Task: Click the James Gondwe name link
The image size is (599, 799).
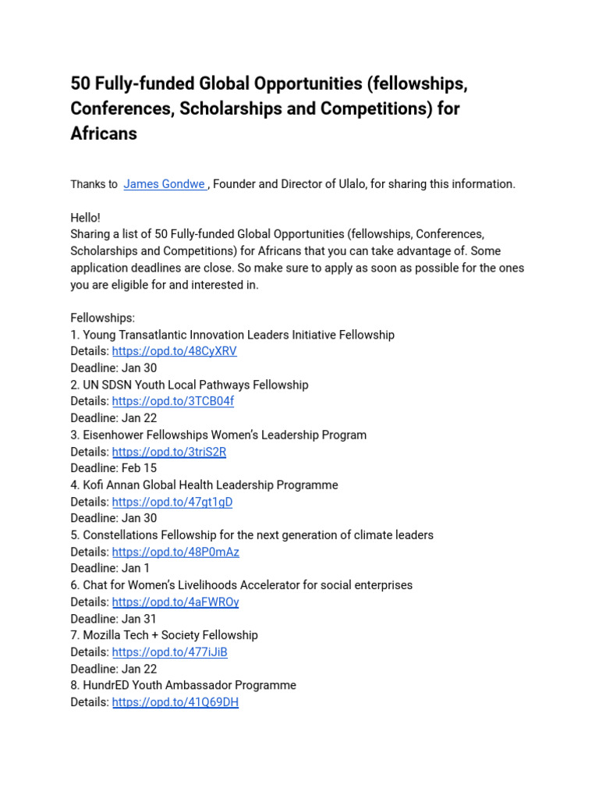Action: (x=163, y=184)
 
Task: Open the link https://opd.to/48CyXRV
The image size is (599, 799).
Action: (x=174, y=351)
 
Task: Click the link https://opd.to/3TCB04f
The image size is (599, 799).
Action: (x=172, y=401)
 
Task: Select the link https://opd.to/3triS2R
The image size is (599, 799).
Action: (x=169, y=452)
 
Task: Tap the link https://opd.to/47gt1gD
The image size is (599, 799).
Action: (x=172, y=502)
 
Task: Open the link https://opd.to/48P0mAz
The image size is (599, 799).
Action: (x=175, y=552)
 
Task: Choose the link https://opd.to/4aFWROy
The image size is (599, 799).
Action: (x=175, y=602)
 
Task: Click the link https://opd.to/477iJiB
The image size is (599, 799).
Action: (x=170, y=652)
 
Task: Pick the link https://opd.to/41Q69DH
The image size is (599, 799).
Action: (x=175, y=702)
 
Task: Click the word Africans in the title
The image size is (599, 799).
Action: (x=104, y=133)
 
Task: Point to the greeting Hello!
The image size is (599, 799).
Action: (x=86, y=218)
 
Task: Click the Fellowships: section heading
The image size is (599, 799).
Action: (x=103, y=318)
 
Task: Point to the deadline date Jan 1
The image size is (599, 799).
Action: (x=136, y=568)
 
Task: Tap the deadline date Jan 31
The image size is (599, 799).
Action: (x=140, y=619)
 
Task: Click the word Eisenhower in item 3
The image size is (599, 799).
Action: (x=115, y=435)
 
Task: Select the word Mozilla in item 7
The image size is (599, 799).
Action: (x=105, y=635)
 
